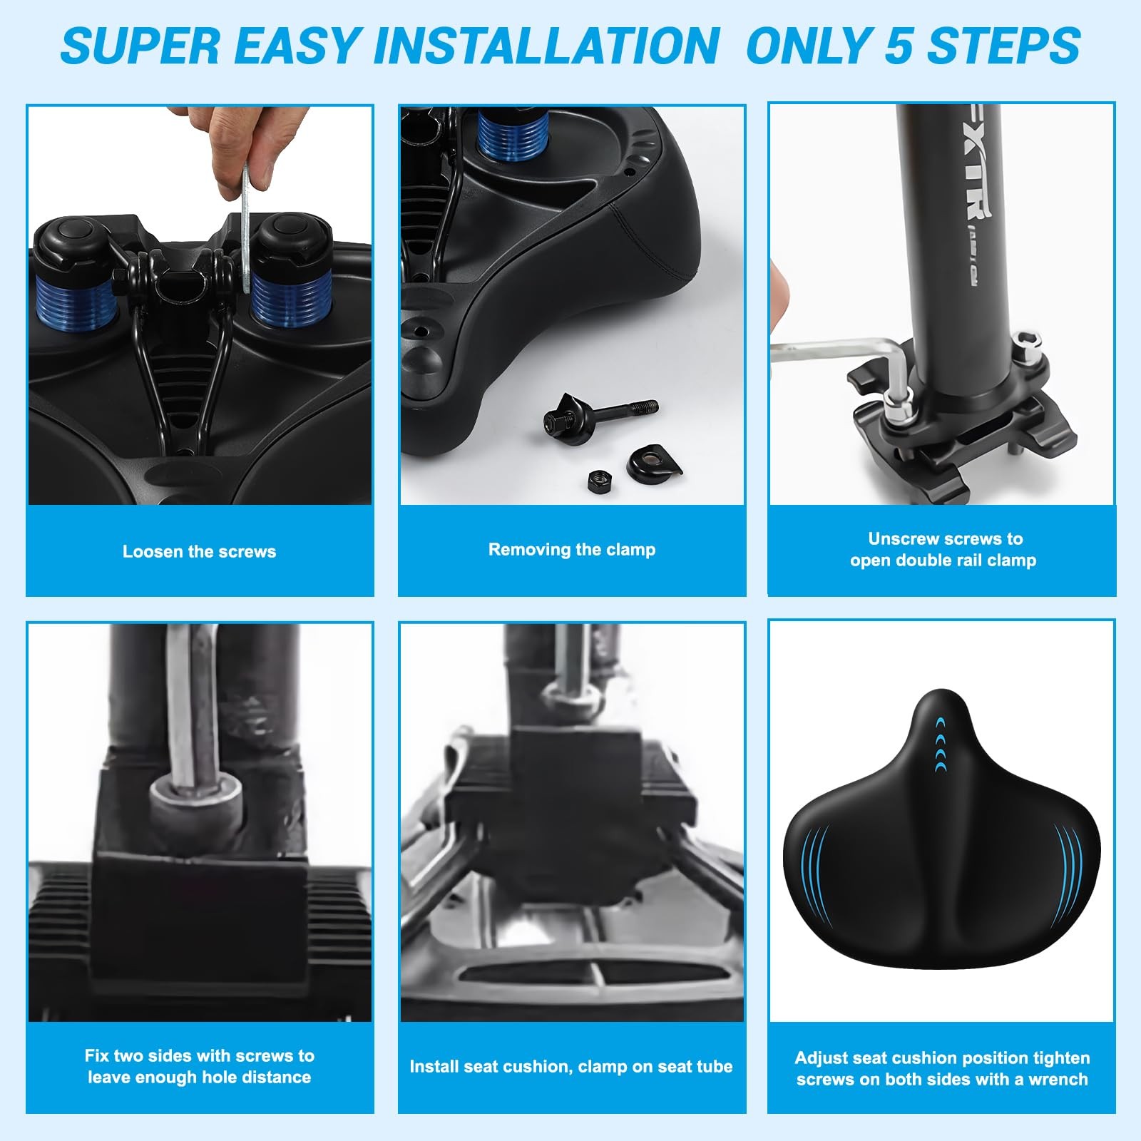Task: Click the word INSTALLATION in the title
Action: coord(546,46)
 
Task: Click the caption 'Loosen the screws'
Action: coord(199,551)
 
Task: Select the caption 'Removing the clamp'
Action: coord(572,549)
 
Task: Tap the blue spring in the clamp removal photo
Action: coord(513,134)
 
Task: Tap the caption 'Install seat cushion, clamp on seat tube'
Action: coord(571,1067)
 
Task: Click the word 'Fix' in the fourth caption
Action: coord(98,1055)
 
